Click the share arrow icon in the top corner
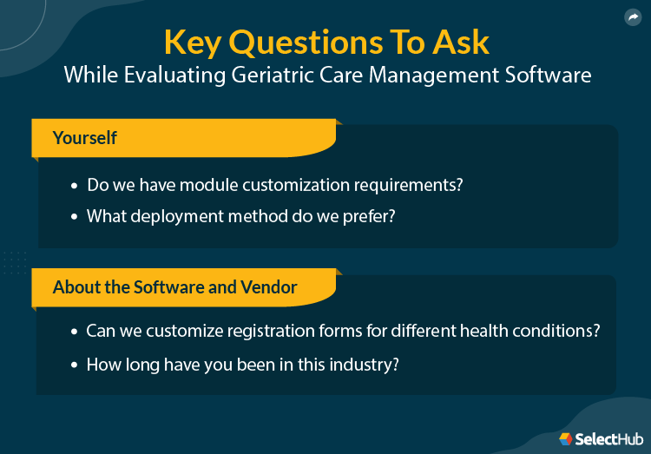pos(632,17)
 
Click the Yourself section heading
pos(85,138)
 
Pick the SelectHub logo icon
pos(565,438)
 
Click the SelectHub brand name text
pos(608,439)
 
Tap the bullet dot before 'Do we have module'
pos(74,186)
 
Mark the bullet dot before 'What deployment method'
pos(74,216)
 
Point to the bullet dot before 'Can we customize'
pos(74,332)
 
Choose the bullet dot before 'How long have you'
pos(74,365)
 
